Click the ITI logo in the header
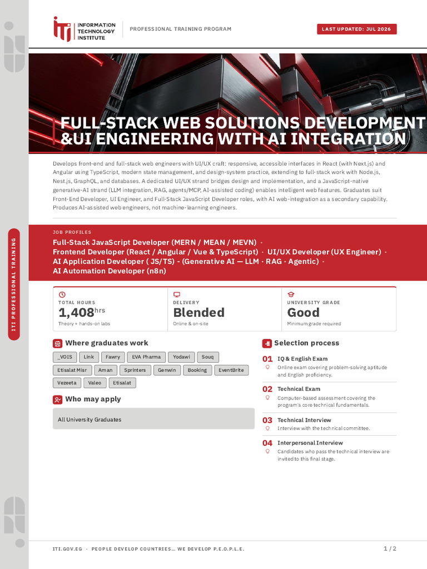(85, 29)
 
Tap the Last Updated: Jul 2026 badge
(356, 29)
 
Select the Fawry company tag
(112, 357)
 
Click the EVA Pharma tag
(146, 357)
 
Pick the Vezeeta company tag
(67, 383)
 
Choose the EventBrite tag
(231, 370)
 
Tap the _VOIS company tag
(65, 357)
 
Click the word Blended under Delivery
(199, 312)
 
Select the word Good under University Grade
(304, 312)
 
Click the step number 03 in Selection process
(267, 420)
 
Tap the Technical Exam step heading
(299, 389)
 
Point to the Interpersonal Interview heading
(310, 443)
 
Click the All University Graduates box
(153, 419)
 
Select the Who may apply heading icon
(57, 400)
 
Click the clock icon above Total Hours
(62, 295)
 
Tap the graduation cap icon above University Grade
(291, 295)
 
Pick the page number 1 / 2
(390, 548)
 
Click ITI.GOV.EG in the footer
(67, 549)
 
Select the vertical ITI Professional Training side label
(14, 284)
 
